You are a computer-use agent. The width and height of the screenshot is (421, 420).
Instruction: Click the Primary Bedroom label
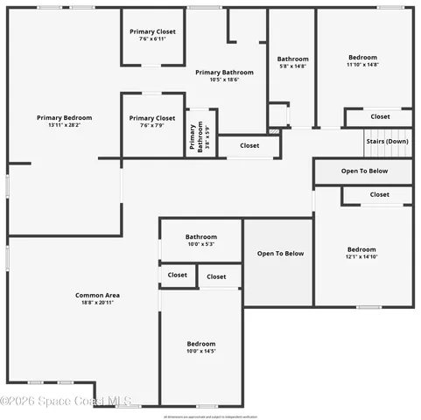click(64, 117)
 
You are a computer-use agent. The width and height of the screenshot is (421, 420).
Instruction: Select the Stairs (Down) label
click(386, 141)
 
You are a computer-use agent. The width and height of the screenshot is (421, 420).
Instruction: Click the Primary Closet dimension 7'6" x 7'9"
click(153, 125)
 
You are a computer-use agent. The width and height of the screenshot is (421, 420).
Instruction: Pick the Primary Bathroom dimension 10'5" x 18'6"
click(224, 80)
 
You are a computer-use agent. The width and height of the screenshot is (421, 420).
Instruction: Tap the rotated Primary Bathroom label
click(193, 137)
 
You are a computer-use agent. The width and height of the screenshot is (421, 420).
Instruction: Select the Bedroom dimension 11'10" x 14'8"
click(362, 65)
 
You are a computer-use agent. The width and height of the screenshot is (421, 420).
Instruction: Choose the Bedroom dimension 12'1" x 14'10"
click(361, 256)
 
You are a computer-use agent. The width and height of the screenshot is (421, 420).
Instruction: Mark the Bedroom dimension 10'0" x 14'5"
click(200, 351)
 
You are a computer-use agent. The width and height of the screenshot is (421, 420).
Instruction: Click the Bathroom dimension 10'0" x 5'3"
click(200, 244)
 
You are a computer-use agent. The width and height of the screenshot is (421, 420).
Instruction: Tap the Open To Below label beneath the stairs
click(364, 171)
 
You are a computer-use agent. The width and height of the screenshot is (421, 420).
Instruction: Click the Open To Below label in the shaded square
click(280, 254)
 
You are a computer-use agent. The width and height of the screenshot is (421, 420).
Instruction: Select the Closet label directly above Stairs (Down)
click(380, 116)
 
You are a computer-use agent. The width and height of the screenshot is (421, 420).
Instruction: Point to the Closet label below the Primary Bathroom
click(249, 146)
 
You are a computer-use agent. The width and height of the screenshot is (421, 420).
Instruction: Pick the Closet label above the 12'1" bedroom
click(380, 194)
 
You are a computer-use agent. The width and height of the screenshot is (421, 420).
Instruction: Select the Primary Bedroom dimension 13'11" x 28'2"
click(64, 125)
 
